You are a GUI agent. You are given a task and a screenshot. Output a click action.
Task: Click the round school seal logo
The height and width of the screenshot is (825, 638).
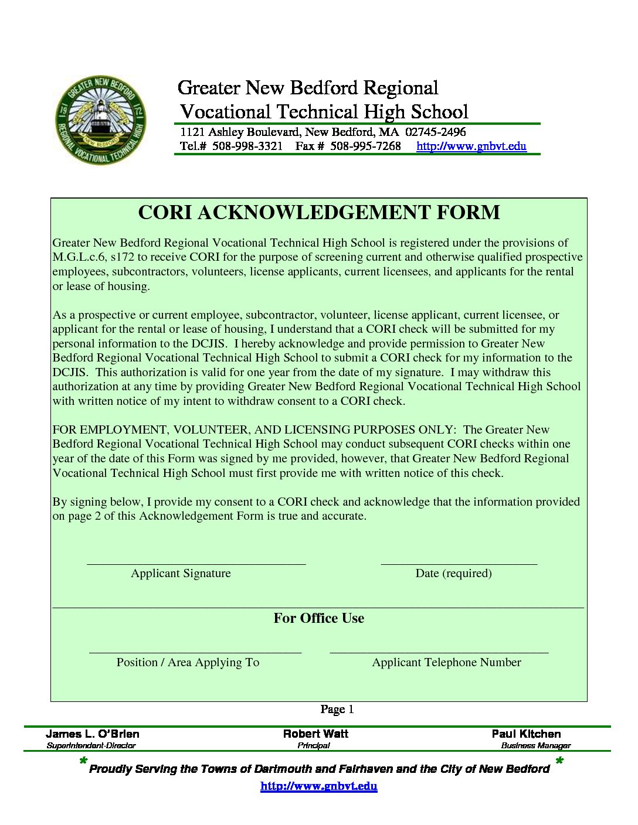(101, 120)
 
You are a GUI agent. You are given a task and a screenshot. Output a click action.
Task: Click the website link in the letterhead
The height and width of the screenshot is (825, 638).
(471, 146)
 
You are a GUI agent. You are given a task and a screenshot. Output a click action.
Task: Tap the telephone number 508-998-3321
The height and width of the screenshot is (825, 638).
(247, 146)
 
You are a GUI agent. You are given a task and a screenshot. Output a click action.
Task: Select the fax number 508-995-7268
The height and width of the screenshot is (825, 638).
(365, 146)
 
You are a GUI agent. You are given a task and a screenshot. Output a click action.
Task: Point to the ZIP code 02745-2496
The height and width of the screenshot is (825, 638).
(435, 132)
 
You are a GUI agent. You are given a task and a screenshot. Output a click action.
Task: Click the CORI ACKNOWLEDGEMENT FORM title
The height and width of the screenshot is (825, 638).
(319, 212)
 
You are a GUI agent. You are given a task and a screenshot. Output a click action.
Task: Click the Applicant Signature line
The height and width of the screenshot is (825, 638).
(196, 562)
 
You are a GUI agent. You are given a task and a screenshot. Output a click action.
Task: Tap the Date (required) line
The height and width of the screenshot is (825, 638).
(459, 562)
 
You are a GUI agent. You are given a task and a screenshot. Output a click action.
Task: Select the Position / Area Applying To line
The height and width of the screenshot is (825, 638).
(195, 650)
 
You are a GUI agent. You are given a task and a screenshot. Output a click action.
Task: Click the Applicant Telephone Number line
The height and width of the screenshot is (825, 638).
(439, 650)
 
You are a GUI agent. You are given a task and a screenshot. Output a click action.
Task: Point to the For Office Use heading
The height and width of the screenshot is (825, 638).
(319, 618)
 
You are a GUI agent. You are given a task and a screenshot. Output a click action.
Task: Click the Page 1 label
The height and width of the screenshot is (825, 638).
(337, 710)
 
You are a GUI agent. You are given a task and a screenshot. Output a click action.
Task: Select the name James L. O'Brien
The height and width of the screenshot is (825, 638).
(93, 734)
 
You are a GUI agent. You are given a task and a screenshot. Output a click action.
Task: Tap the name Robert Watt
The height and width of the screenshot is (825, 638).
(315, 734)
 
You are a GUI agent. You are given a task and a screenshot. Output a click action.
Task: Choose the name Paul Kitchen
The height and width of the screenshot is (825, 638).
(526, 734)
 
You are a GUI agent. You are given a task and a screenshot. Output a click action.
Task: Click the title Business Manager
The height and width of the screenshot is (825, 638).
(535, 746)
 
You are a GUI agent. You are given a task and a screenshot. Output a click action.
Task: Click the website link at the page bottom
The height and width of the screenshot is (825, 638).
(318, 786)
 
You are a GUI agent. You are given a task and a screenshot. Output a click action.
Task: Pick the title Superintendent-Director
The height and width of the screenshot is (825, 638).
(91, 746)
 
